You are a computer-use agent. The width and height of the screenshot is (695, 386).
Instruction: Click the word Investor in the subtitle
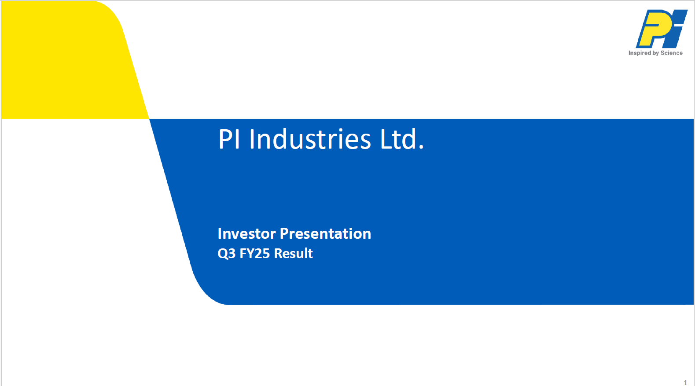click(x=246, y=233)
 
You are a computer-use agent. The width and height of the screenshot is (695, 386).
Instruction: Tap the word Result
click(x=293, y=253)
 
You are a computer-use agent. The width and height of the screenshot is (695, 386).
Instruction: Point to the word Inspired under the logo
click(x=640, y=53)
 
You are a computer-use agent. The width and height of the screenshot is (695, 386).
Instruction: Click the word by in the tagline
click(x=655, y=53)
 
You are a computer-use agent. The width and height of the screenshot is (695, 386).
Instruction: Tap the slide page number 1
click(x=685, y=382)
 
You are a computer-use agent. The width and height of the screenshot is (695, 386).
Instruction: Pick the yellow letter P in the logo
click(x=655, y=29)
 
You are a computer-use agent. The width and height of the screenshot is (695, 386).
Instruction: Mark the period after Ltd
click(x=421, y=147)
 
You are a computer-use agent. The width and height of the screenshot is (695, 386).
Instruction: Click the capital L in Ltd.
click(x=386, y=139)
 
